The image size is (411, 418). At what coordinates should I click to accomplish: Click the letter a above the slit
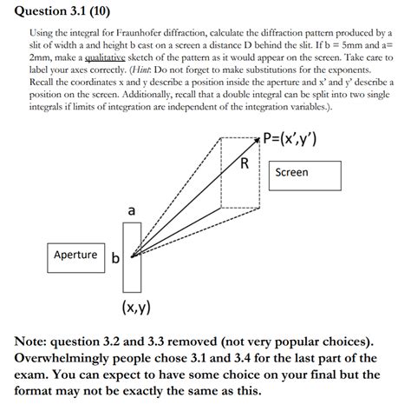pyautogui.click(x=131, y=210)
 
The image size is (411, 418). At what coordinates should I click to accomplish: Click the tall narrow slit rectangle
pyautogui.click(x=131, y=257)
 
